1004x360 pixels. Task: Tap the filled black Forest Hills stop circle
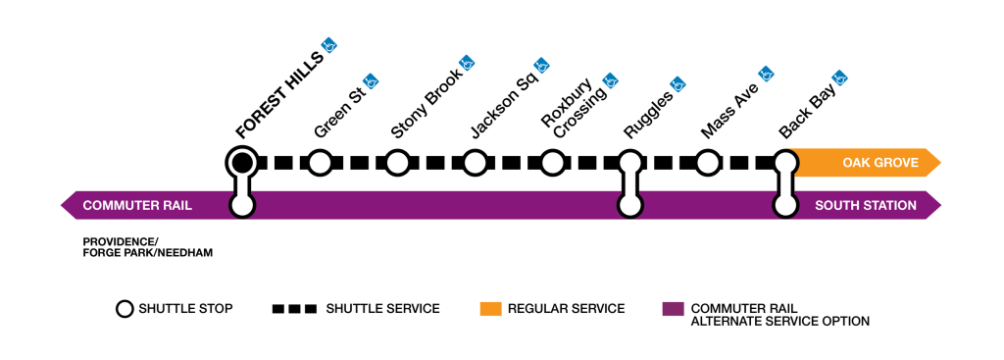coord(241,162)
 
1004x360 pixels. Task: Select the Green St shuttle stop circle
coord(320,162)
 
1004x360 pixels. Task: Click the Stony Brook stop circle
coord(397,162)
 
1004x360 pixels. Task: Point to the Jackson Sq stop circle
coord(475,162)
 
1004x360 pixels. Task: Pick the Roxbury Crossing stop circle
coord(552,162)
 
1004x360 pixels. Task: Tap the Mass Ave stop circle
coord(708,162)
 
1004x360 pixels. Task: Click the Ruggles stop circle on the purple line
coord(630,205)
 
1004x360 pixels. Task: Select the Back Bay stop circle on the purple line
coord(785,205)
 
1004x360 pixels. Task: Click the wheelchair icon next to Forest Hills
coord(331,44)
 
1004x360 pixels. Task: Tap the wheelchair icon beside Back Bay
coord(840,76)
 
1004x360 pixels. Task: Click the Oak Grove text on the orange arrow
coord(879,162)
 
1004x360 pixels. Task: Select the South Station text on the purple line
coord(866,205)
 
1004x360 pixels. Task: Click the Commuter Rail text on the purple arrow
coord(137,205)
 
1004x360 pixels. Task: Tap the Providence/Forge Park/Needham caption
coord(147,247)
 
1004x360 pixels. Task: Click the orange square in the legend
coord(491,309)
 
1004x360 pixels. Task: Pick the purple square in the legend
coord(673,309)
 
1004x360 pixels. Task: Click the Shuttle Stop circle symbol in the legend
coord(125,309)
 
